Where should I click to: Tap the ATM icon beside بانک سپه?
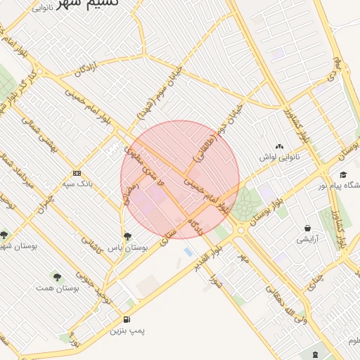(77, 173)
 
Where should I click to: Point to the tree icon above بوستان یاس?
(127, 236)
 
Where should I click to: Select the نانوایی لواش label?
(279, 157)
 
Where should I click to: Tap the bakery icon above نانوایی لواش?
(280, 146)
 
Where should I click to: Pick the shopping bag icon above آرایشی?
(308, 228)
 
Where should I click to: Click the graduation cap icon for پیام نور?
(342, 175)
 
